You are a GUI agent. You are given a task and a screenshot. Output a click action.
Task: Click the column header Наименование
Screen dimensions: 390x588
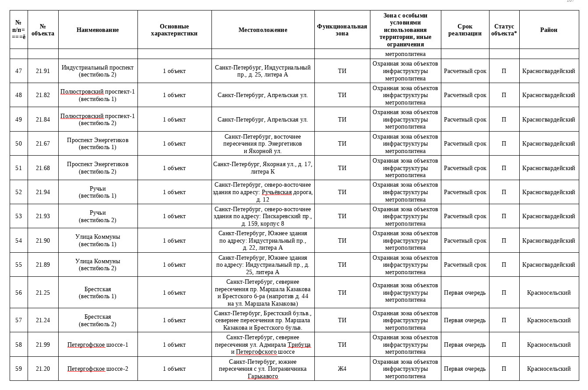pos(98,30)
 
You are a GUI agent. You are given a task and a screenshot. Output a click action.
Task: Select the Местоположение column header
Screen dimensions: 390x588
pos(263,30)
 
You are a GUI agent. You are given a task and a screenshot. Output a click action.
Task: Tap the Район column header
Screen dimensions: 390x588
pos(549,30)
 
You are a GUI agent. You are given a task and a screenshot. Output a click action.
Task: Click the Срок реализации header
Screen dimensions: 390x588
pos(465,30)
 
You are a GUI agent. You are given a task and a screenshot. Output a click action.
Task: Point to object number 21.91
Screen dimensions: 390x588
pos(43,71)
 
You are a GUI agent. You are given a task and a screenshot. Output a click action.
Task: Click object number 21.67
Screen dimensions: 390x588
pos(43,143)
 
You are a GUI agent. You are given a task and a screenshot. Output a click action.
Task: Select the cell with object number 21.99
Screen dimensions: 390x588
pos(43,345)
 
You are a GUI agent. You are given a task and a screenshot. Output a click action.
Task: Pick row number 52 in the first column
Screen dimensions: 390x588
pos(18,192)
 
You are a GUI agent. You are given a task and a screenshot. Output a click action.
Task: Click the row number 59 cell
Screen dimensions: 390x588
pos(18,369)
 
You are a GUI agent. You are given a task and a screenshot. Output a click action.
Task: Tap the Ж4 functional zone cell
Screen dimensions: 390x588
pos(342,369)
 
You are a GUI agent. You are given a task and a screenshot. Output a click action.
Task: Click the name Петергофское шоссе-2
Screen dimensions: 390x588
pos(98,369)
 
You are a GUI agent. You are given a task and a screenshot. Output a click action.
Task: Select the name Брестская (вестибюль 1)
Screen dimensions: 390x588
pos(98,292)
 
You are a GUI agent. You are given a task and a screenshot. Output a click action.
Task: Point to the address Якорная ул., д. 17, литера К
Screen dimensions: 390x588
pos(263,168)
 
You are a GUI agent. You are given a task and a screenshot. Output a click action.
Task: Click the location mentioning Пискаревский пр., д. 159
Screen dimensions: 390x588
pos(263,216)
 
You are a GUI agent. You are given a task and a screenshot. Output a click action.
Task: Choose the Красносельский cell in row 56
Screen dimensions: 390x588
pos(549,292)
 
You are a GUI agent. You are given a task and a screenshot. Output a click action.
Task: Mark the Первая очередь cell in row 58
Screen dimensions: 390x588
pos(465,345)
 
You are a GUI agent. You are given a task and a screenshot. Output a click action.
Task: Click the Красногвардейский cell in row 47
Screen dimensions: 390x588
pos(549,71)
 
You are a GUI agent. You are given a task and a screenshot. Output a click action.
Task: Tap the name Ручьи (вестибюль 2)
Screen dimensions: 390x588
pos(98,216)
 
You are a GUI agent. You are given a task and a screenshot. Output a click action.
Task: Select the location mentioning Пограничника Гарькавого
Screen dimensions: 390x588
pos(263,369)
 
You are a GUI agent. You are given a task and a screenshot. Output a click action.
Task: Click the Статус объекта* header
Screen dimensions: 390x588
pos(503,30)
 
